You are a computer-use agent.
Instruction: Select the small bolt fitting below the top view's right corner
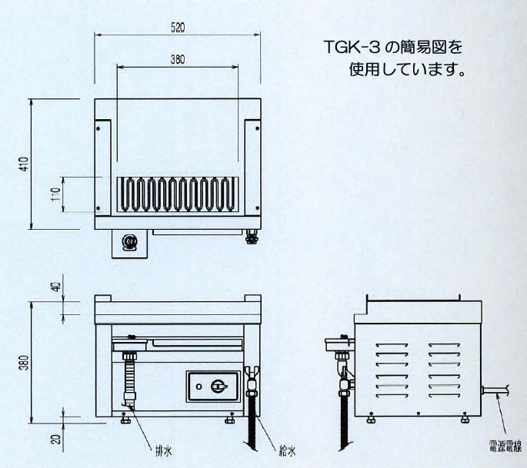[x=250, y=237]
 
